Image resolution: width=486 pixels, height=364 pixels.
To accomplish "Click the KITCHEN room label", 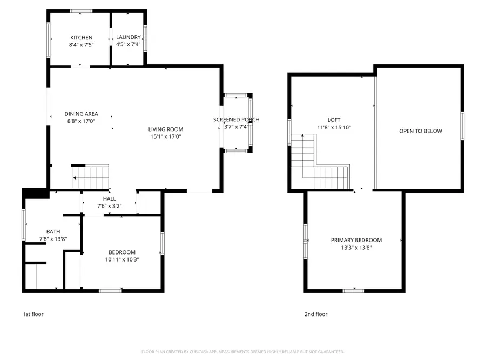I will click(x=81, y=37).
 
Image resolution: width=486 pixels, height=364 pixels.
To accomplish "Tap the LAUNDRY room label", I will click(x=129, y=37).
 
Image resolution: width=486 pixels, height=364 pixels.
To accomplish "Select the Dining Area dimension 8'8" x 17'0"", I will click(x=81, y=121).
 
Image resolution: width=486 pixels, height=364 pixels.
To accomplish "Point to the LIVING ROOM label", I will click(x=166, y=129).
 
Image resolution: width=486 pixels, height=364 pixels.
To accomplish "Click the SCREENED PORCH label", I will click(x=236, y=120).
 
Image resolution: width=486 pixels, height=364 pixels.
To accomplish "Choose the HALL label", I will click(x=109, y=198).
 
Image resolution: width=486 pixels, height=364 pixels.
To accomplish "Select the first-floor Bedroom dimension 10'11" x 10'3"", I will click(x=122, y=259).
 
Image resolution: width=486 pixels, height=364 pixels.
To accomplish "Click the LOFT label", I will click(x=334, y=120).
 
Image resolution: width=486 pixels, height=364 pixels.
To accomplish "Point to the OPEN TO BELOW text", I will click(x=420, y=131).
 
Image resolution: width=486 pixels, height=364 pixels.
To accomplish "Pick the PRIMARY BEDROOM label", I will click(x=356, y=240).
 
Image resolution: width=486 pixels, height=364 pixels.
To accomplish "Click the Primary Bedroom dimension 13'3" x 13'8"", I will click(x=356, y=248).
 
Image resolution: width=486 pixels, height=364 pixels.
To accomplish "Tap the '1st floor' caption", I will click(x=33, y=314).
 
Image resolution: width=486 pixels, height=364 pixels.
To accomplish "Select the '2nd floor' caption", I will click(x=316, y=314).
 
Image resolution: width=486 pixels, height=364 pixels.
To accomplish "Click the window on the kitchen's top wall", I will click(x=81, y=11).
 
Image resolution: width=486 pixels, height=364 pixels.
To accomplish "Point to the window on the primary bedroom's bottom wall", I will click(x=354, y=291).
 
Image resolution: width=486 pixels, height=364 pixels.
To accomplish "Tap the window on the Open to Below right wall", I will click(x=462, y=126).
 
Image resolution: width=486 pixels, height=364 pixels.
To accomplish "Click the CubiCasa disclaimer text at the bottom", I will click(x=242, y=352).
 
